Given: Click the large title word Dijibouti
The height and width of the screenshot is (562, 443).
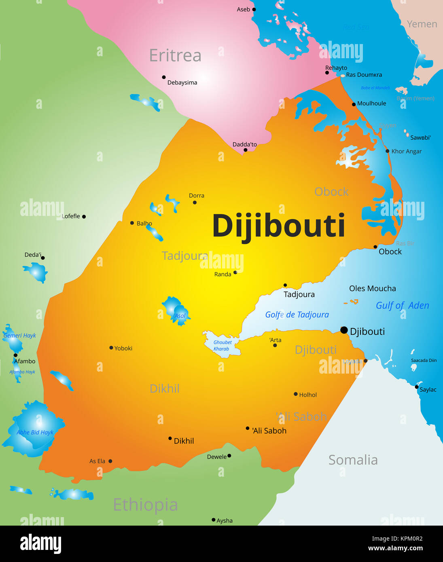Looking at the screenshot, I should [x=279, y=226].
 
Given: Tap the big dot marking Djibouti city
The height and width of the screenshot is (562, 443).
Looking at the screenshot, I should [x=344, y=330].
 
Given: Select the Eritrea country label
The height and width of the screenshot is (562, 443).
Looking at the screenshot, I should [x=175, y=55].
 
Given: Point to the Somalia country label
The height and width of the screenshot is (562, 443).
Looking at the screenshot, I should [x=353, y=460].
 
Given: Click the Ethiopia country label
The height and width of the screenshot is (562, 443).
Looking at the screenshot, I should [x=145, y=505].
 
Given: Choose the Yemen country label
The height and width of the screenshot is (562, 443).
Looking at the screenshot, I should [x=422, y=24].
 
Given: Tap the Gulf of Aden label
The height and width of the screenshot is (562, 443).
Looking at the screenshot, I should [x=402, y=305].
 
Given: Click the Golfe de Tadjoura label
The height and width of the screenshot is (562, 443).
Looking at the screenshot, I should [x=297, y=315].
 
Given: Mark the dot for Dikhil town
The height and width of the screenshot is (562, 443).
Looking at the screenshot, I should [x=170, y=438].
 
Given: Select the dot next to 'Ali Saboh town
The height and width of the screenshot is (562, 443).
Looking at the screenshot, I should [x=248, y=428].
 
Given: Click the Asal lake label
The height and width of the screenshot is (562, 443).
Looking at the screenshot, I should [x=180, y=316].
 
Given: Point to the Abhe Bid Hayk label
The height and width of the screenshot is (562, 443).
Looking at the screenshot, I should [x=35, y=432].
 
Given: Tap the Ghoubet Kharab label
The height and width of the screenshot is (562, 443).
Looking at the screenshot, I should [x=222, y=346].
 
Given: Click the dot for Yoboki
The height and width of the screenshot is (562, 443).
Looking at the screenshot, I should [x=111, y=348].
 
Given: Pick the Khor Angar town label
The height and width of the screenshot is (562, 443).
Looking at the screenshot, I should [x=406, y=151].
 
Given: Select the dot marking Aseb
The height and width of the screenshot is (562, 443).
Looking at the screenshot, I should [x=254, y=9].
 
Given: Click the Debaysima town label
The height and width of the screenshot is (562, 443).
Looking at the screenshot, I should [x=182, y=82].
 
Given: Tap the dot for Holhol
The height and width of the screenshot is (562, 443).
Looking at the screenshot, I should [x=296, y=394].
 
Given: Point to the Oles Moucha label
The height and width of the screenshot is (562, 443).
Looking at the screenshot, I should [x=372, y=288].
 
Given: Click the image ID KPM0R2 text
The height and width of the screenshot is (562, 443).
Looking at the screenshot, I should [x=397, y=539].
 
